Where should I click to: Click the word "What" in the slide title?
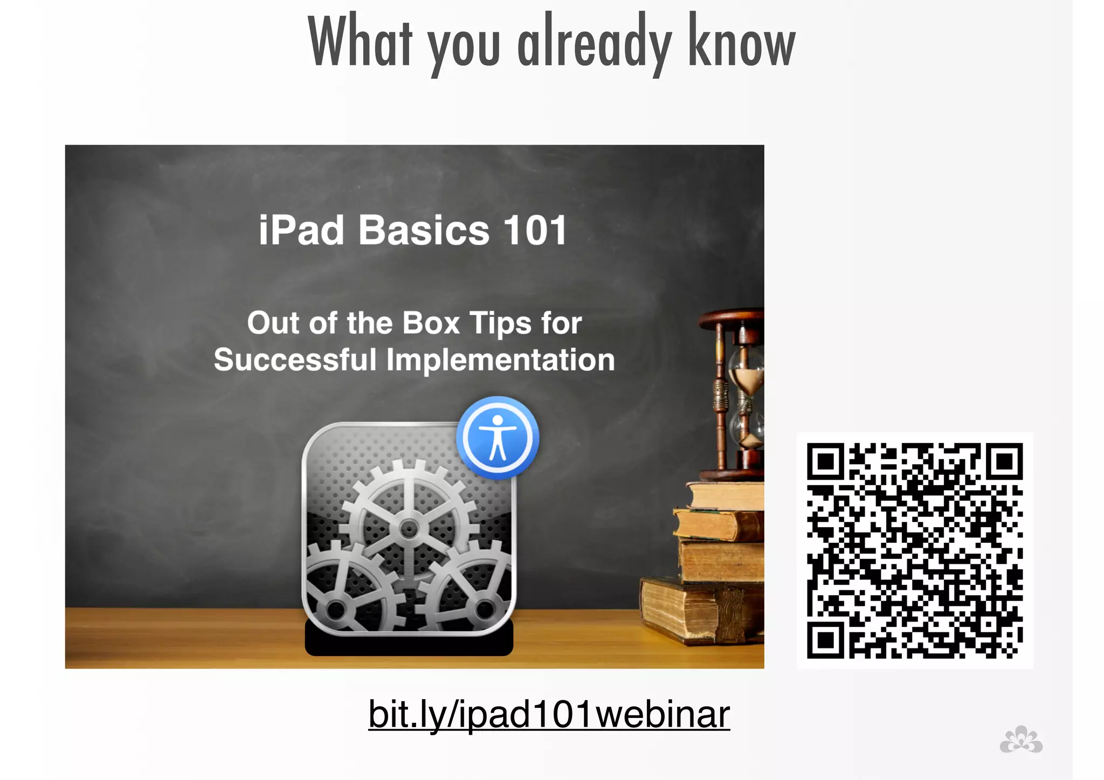[360, 42]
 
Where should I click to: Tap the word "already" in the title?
[594, 44]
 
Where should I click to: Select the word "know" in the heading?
[741, 42]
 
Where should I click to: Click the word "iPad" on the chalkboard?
[301, 230]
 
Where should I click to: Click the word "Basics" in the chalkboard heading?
[424, 230]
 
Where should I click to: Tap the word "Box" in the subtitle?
[431, 323]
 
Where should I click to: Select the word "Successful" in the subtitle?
[295, 360]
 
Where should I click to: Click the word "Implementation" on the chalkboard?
[500, 360]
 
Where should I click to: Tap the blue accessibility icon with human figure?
[498, 438]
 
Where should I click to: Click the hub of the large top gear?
[409, 529]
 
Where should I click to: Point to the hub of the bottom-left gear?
[336, 610]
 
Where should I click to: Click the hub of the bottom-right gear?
[485, 609]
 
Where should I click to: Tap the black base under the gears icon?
[409, 644]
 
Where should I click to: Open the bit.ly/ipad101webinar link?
[549, 714]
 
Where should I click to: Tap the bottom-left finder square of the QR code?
[825, 640]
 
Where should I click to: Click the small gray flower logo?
[1021, 740]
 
